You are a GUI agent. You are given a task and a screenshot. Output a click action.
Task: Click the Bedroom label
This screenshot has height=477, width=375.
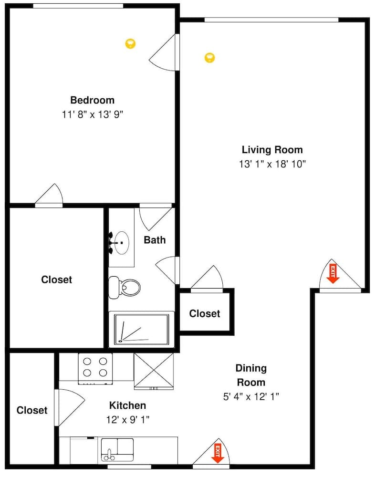pos(92,100)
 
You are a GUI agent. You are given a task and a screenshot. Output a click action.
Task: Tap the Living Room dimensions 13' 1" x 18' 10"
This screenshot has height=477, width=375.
pos(272,164)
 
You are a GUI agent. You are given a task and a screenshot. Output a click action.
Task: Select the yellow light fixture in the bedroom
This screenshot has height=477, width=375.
pos(130,43)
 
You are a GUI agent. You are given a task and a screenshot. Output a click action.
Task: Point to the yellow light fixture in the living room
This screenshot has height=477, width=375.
pos(209,58)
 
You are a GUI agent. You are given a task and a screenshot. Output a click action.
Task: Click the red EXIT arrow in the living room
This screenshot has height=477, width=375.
pos(333,274)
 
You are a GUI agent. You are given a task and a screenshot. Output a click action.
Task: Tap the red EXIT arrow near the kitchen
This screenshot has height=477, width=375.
pos(218,453)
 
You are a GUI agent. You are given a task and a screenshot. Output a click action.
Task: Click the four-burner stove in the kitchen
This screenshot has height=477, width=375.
pos(95,367)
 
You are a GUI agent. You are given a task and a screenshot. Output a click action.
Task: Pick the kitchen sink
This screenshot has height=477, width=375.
pos(117,449)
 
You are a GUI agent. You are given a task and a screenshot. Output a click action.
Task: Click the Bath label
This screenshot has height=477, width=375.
pos(155,239)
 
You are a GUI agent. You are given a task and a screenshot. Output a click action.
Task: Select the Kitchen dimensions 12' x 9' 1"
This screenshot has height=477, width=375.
pos(128,420)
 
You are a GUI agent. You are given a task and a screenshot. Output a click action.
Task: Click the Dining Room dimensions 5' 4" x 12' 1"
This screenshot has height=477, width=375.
pos(251,396)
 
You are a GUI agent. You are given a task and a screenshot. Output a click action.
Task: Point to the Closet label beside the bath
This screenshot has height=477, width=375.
pos(56,280)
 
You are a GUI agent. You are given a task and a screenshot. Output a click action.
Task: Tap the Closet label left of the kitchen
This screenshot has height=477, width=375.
pos(32,410)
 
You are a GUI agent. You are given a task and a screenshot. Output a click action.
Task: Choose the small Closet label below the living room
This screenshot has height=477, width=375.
pos(205,313)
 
